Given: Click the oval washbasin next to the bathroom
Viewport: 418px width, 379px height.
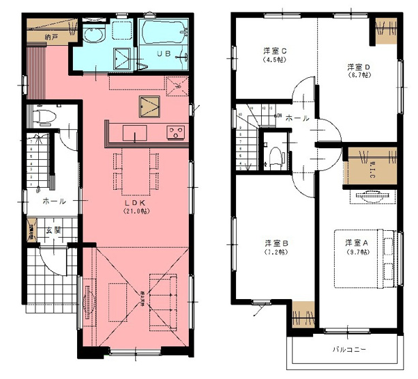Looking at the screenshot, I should (91, 36).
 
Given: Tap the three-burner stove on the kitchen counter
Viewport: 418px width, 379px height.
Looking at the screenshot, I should (176, 132).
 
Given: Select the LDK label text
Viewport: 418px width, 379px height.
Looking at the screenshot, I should (132, 203).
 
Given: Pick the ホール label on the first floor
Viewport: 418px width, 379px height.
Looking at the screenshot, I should (54, 201).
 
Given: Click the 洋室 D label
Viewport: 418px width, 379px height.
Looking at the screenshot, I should (358, 66).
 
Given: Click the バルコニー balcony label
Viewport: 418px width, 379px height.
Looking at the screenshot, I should (349, 350).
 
